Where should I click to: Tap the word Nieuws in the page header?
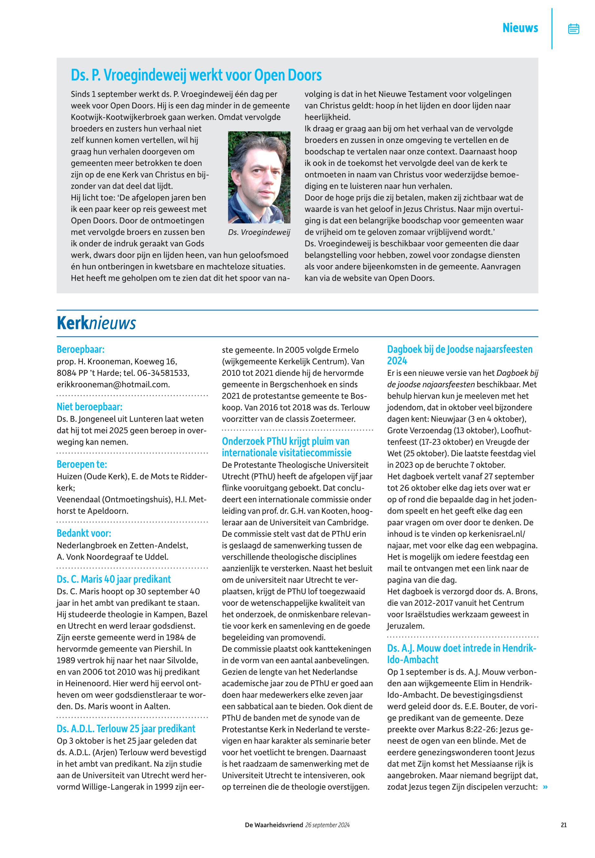520,28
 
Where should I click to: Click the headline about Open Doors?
196,75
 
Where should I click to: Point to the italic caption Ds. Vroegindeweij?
259,232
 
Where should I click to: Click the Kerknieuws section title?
96,323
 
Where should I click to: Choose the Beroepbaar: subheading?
81,349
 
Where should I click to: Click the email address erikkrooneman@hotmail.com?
113,384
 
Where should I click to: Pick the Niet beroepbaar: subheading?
89,406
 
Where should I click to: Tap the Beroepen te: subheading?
82,464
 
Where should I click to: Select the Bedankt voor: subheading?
84,533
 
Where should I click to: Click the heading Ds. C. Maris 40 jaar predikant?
114,579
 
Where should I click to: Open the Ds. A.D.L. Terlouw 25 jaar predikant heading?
126,729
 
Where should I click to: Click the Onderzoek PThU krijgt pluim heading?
286,447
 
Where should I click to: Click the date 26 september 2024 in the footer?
327,825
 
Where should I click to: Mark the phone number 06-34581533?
163,373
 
